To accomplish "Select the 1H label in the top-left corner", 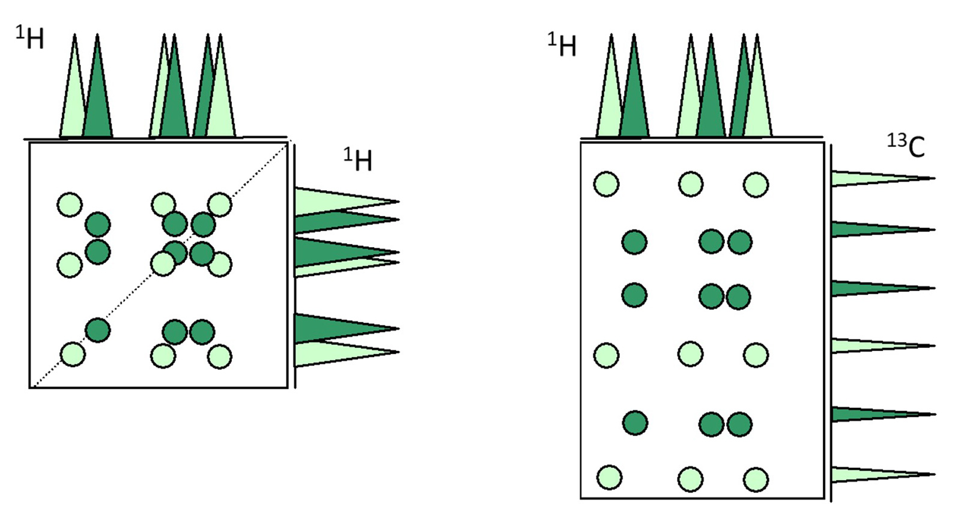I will click(29, 37).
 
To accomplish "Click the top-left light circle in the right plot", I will click(606, 184).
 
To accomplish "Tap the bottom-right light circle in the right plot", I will click(756, 479).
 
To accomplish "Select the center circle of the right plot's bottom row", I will click(690, 479).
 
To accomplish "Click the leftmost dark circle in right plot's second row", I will click(634, 242).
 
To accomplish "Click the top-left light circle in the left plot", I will click(70, 205).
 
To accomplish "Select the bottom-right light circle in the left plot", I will click(219, 356).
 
